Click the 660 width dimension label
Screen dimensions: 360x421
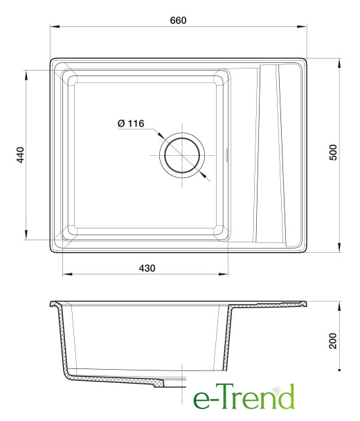pyautogui.click(x=178, y=20)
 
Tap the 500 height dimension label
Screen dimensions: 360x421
pyautogui.click(x=333, y=152)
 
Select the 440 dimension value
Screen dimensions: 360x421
pyautogui.click(x=20, y=154)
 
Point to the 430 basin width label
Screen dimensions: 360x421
pyautogui.click(x=147, y=268)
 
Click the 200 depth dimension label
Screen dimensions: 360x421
pyautogui.click(x=333, y=341)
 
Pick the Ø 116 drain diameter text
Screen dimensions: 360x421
pyautogui.click(x=131, y=123)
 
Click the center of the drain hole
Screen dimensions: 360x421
pyautogui.click(x=182, y=155)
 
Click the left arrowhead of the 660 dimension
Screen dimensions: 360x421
pyautogui.click(x=55, y=26)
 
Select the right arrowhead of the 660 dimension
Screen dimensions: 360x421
pyautogui.click(x=302, y=26)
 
